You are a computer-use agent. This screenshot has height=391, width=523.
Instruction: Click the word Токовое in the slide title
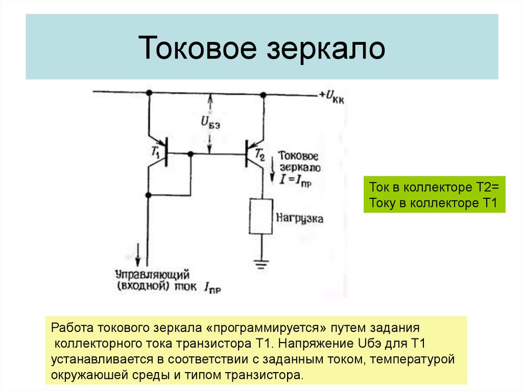point(197,48)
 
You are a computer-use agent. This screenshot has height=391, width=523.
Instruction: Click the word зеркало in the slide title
point(325,48)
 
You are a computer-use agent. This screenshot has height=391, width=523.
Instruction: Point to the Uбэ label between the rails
point(211,122)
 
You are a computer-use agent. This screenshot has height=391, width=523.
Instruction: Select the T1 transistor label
point(156,151)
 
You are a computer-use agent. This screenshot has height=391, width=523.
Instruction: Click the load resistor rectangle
point(261,217)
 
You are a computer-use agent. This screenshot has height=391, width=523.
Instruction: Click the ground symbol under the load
point(261,263)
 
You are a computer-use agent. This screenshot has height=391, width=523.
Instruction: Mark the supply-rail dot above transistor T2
point(263,94)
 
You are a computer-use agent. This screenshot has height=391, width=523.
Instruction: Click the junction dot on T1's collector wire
point(148,195)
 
